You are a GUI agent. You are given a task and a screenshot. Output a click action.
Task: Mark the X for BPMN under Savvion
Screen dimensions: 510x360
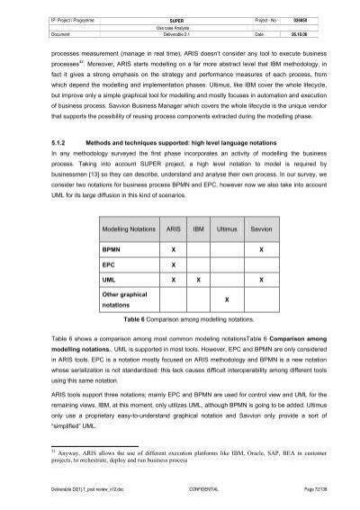point(262,248)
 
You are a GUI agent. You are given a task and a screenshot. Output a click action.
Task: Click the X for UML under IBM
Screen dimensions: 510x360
point(198,280)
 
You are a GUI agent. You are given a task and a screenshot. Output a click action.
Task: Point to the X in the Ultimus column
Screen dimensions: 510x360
point(228,299)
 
